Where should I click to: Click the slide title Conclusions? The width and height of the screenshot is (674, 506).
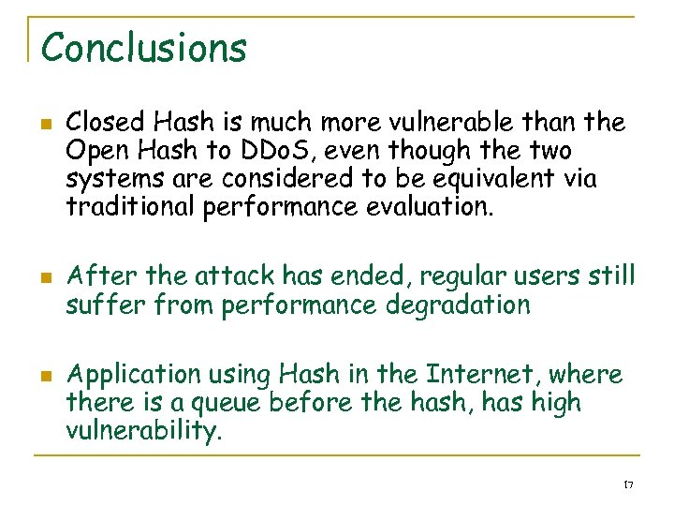(144, 47)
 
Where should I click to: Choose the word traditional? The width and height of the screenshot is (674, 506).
(131, 207)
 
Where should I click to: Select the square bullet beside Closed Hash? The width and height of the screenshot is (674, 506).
(45, 124)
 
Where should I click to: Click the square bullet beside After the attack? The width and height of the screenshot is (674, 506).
(45, 278)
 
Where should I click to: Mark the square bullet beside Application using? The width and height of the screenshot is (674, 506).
(45, 377)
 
